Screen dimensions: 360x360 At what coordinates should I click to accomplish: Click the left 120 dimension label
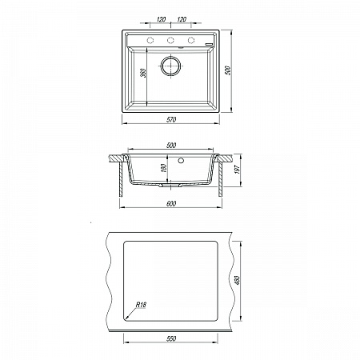pos(161,19)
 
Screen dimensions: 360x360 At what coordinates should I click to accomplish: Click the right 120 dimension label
pos(182,19)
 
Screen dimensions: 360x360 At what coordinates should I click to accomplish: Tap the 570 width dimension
pos(171,120)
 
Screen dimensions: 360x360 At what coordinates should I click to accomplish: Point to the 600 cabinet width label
pos(171,204)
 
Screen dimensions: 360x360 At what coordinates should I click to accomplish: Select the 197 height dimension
pos(238,169)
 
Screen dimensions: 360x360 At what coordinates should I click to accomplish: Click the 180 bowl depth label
pos(164,168)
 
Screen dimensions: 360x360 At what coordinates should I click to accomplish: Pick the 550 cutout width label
pos(171,338)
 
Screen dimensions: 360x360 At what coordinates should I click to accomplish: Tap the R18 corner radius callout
pos(141,305)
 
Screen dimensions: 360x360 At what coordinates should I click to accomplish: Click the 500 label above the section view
pos(171,146)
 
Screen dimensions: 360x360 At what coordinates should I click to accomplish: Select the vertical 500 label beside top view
pos(228,70)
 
